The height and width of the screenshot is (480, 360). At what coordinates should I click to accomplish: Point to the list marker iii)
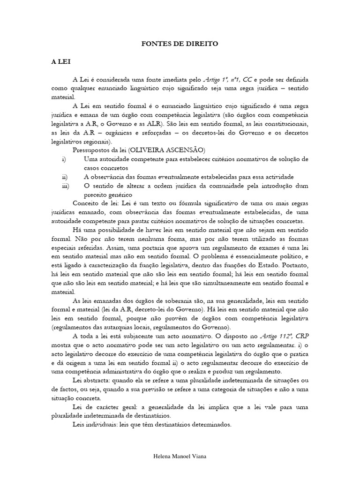(x=65, y=186)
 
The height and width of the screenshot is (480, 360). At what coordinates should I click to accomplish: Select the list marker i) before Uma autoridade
(x=64, y=159)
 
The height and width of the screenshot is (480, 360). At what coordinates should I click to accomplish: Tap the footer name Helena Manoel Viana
(x=180, y=456)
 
